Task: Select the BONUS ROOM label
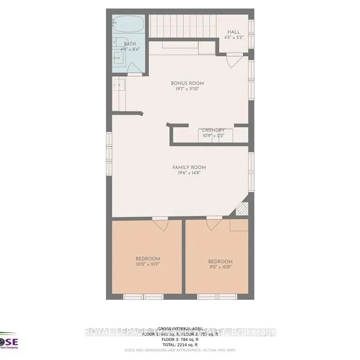click(x=187, y=83)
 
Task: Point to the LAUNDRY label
click(x=213, y=130)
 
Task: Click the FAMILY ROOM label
click(x=189, y=167)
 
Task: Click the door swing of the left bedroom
click(x=160, y=224)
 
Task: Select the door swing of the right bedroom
click(x=214, y=223)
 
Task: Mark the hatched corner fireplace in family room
click(x=241, y=209)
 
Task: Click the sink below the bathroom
click(x=119, y=84)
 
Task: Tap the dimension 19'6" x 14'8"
click(x=189, y=173)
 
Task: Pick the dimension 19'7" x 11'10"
click(x=187, y=89)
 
